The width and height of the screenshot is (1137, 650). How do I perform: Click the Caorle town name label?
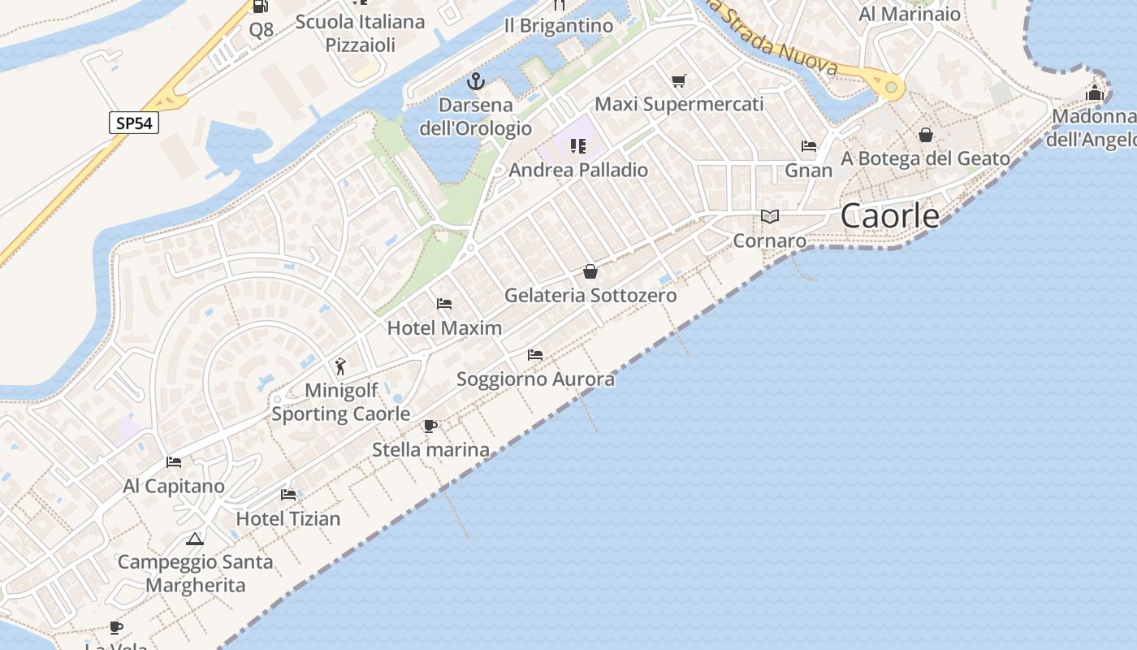890,216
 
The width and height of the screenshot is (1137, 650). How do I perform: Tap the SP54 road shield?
133,123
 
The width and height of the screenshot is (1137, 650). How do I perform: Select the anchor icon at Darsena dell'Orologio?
476,81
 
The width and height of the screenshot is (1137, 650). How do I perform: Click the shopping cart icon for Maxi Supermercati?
679,80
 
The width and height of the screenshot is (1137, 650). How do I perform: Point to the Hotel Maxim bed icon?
444,304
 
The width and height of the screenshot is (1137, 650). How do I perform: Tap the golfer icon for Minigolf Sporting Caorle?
340,366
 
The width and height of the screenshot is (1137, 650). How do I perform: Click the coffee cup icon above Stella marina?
430,426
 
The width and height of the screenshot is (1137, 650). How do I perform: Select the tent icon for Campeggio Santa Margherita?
194,539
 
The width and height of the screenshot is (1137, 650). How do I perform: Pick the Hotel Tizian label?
288,518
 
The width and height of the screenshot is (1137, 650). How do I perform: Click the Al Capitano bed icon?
174,462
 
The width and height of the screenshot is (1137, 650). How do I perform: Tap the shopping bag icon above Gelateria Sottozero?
590,271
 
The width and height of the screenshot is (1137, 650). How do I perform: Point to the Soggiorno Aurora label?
535,379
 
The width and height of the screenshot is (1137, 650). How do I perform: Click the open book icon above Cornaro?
769,216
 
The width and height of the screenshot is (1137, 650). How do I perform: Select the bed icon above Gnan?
809,146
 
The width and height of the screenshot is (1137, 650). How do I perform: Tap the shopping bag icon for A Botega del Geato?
926,135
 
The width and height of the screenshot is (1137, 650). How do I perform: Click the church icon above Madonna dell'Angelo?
1095,93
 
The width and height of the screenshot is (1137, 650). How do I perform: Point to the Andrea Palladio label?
578,170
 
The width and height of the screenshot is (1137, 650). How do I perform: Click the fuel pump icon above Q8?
261,6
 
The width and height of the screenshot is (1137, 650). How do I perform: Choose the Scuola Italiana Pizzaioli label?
360,33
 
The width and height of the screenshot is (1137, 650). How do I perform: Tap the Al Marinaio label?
910,14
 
